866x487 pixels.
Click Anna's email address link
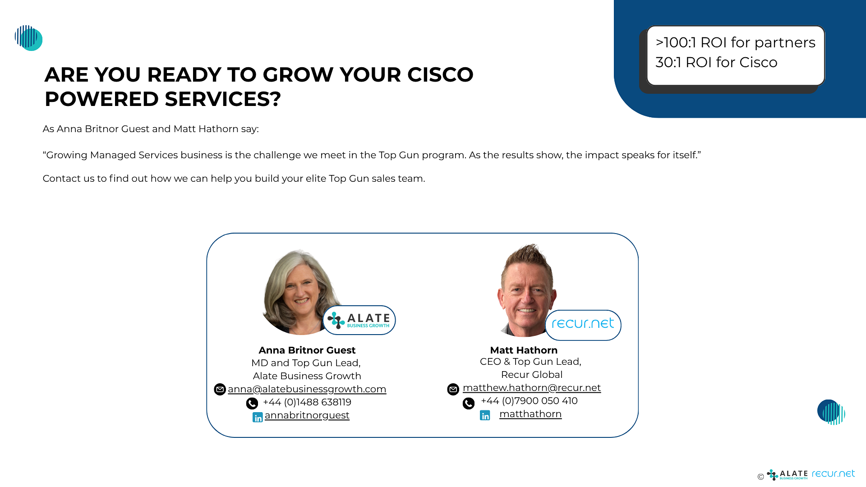pos(307,389)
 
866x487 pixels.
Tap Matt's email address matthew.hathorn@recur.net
pos(532,388)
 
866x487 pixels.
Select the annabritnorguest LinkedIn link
pos(307,415)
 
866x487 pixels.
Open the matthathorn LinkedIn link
pos(530,414)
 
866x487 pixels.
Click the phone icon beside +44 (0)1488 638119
pos(252,403)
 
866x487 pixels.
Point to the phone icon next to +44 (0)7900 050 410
pos(469,403)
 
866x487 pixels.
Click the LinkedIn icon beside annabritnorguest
pos(258,417)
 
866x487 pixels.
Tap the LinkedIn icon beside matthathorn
pos(485,415)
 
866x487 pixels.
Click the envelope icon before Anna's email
pos(220,389)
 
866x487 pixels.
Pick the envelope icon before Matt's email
pos(453,389)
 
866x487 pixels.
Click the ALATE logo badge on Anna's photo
pos(359,320)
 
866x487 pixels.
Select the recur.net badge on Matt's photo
pos(583,325)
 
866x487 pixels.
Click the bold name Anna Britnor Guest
pos(307,350)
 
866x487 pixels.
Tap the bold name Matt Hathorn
pos(524,350)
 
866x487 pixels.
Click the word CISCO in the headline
pos(440,75)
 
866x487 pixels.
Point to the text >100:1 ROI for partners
pos(735,42)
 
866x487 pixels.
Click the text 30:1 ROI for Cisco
pos(716,62)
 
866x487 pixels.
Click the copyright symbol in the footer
pos(761,477)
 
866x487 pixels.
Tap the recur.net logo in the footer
pos(833,473)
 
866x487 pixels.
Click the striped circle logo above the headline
pos(28,38)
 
